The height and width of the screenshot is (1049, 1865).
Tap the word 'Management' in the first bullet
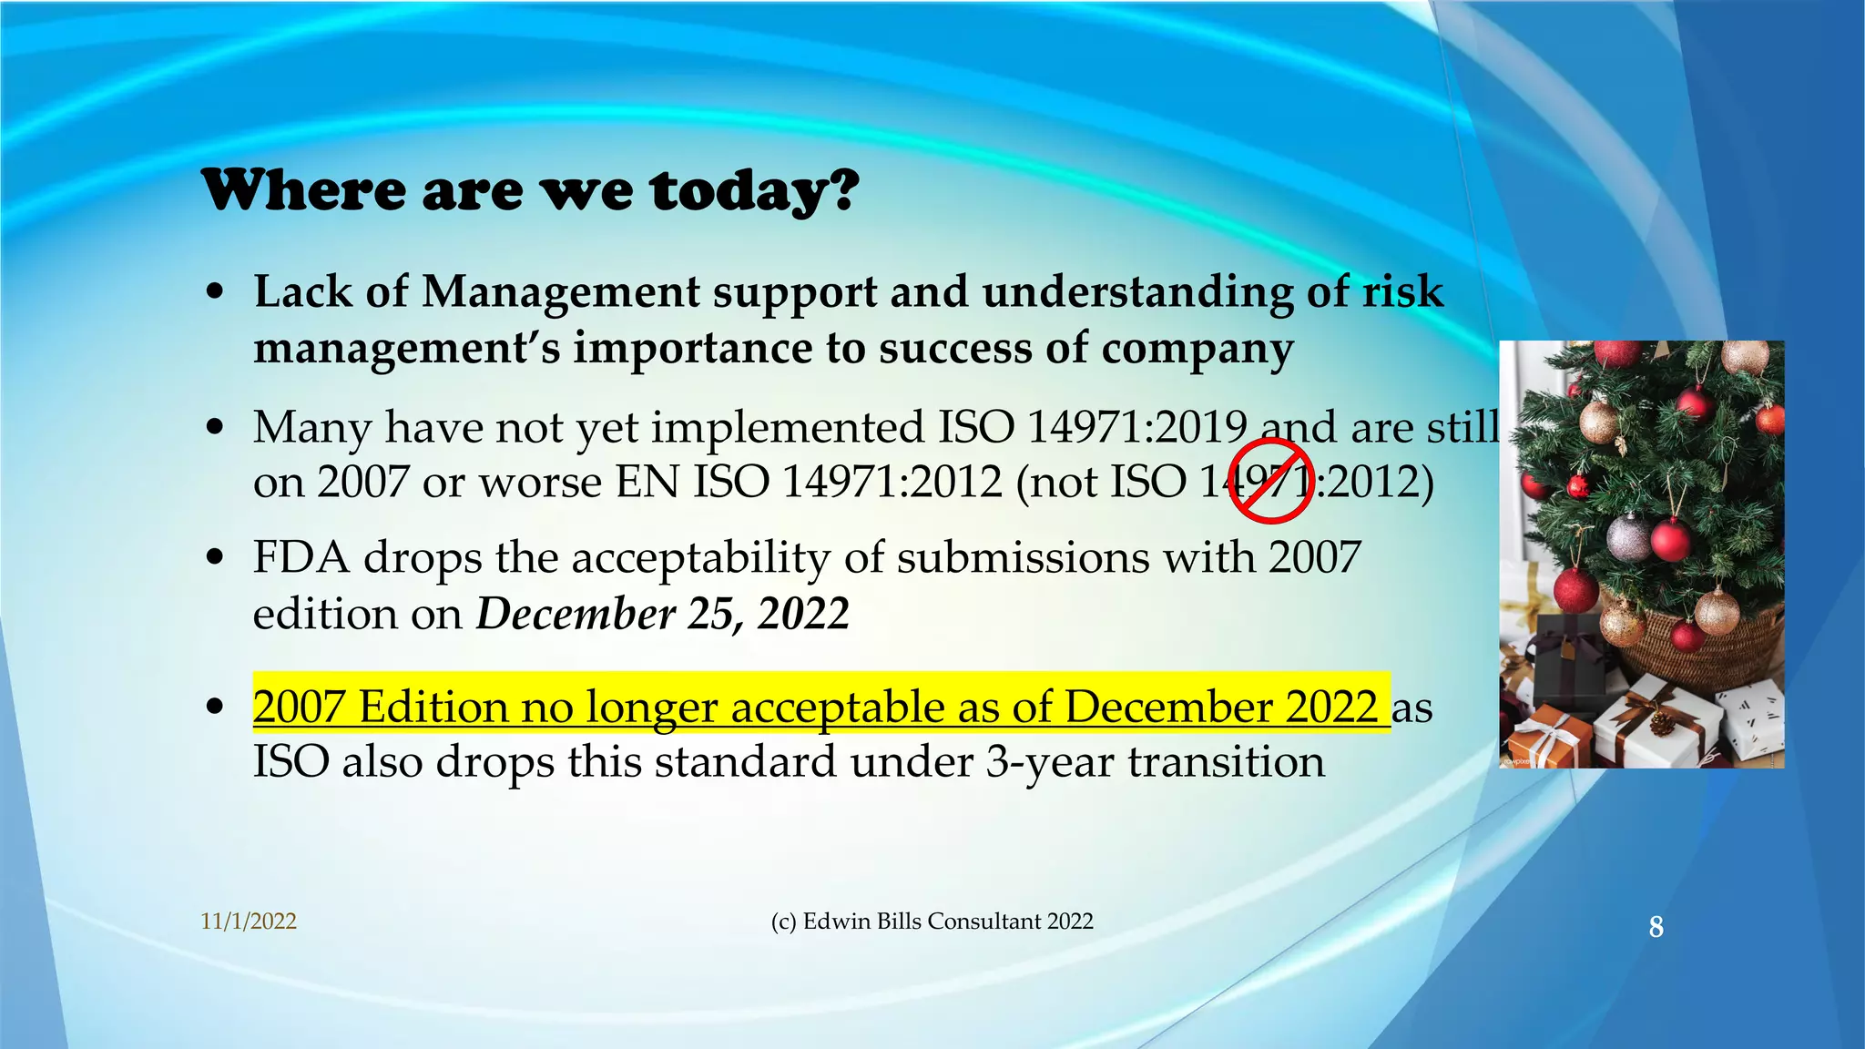[x=560, y=292]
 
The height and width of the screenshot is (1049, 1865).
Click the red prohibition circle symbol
[x=1271, y=481]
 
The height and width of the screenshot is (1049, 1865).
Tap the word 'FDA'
[x=301, y=557]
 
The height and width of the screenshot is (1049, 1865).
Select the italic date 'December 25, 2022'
[x=663, y=614]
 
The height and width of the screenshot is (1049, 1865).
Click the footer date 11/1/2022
[x=249, y=922]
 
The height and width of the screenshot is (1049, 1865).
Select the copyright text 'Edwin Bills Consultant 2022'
[x=947, y=922]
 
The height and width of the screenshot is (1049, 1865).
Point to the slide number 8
[x=1656, y=927]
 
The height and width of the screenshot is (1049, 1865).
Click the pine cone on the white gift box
[x=1663, y=725]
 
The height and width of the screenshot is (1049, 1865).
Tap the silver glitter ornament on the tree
[x=1628, y=537]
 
